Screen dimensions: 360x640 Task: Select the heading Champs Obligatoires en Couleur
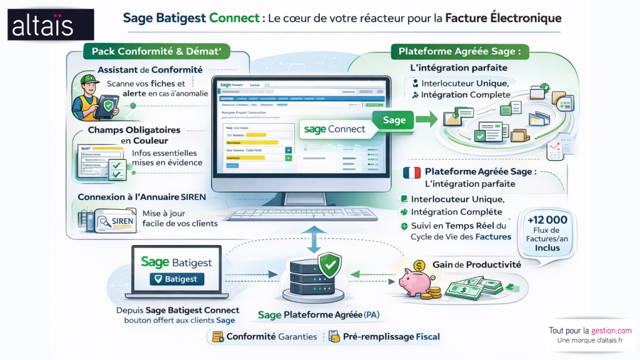coord(134,135)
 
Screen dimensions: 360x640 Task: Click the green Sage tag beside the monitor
coord(394,120)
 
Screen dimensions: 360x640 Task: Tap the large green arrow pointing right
coord(427,119)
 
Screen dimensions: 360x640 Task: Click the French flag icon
coord(412,172)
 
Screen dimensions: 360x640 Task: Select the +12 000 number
coord(547,219)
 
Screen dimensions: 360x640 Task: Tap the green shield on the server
coord(329,265)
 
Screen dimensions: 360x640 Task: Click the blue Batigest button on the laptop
coord(176,279)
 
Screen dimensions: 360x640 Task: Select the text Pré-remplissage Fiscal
coord(391,337)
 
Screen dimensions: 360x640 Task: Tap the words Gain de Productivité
coord(477,264)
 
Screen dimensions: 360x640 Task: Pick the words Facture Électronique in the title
coord(503,18)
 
